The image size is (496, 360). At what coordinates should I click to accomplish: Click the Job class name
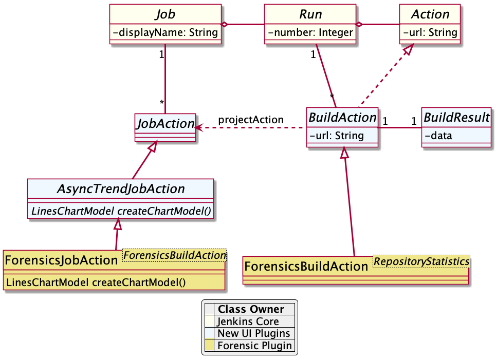pyautogui.click(x=165, y=14)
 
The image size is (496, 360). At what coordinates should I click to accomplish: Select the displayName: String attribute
pyautogui.click(x=165, y=33)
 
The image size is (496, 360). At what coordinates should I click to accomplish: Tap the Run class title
pyautogui.click(x=310, y=14)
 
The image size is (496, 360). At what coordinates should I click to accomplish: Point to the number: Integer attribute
pyautogui.click(x=310, y=33)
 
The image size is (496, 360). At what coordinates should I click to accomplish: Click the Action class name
pyautogui.click(x=430, y=14)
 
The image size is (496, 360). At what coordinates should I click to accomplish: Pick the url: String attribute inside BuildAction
pyautogui.click(x=336, y=136)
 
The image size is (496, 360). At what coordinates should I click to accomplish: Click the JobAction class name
pyautogui.click(x=164, y=123)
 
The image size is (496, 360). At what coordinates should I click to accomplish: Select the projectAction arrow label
pyautogui.click(x=250, y=120)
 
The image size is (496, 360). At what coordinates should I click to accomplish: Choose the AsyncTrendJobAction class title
pyautogui.click(x=120, y=188)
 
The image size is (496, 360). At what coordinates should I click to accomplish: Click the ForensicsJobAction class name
pyautogui.click(x=62, y=260)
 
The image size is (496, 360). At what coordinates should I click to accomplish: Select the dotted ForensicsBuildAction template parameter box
pyautogui.click(x=174, y=255)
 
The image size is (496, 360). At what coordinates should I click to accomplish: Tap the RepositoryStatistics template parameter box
pyautogui.click(x=421, y=262)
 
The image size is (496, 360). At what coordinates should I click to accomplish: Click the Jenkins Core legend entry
pyautogui.click(x=248, y=321)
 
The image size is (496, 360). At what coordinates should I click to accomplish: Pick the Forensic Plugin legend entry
pyautogui.click(x=254, y=346)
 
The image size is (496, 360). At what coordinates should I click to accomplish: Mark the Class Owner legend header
pyautogui.click(x=250, y=309)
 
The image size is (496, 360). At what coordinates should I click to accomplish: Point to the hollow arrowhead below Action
pyautogui.click(x=408, y=50)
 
